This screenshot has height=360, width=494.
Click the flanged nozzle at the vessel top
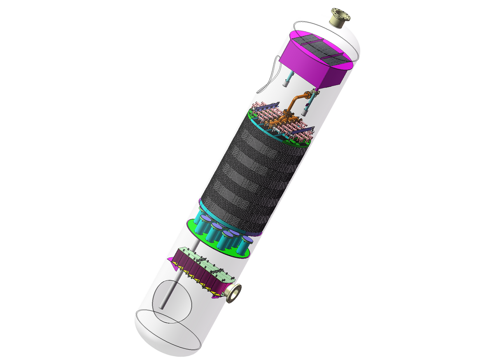pyautogui.click(x=340, y=18)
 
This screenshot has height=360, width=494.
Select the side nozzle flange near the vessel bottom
pyautogui.click(x=234, y=293)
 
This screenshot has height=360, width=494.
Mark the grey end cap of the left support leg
pyautogui.click(x=286, y=84)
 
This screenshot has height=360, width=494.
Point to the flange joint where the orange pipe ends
pyautogui.click(x=315, y=91)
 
